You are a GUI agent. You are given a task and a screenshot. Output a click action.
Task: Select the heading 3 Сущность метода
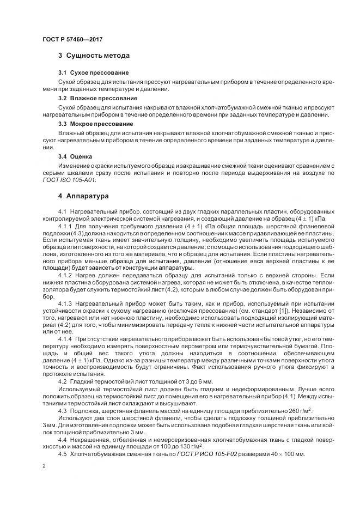pyautogui.click(x=94, y=56)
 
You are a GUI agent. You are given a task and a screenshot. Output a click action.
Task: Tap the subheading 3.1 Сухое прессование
pyautogui.click(x=93, y=72)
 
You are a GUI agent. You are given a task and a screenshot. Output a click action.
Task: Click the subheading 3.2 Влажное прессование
pyautogui.click(x=97, y=98)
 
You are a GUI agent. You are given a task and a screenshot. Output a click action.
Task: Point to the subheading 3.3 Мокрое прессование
pyautogui.click(x=96, y=124)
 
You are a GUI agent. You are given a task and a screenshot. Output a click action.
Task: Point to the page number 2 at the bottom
pyautogui.click(x=44, y=467)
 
